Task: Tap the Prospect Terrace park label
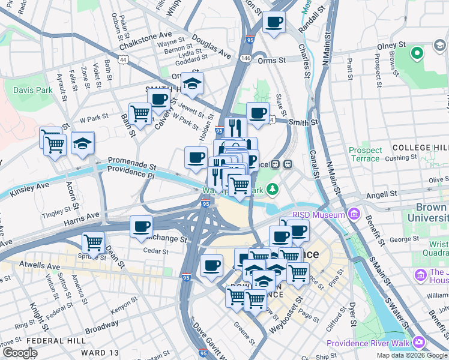coord(366,154)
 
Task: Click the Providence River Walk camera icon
coord(418,343)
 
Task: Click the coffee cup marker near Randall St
coord(274,22)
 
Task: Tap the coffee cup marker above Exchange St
coord(142,227)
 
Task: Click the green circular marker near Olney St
coord(416,53)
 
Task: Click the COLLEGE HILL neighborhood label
coord(420,147)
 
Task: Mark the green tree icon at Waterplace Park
coord(273,190)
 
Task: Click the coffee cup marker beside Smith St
coord(258,112)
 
